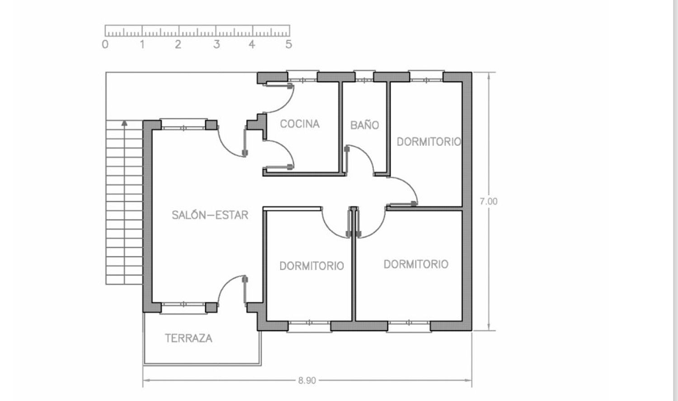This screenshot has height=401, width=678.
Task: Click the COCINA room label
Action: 300,124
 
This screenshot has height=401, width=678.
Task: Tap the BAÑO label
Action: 364,125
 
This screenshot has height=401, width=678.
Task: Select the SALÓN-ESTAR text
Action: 210,214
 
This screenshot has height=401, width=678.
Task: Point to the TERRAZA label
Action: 188,338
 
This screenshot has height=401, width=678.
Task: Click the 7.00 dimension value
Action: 489,201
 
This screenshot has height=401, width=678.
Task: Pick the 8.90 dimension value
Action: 307,380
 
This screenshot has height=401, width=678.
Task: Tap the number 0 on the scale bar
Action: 105,44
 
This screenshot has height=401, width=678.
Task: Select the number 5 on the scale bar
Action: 288,44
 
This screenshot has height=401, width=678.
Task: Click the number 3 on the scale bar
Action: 216,44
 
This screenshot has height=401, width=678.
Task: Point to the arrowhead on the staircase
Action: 124,123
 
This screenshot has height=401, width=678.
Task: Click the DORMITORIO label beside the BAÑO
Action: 429,141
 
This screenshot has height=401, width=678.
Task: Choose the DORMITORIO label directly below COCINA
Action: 311,266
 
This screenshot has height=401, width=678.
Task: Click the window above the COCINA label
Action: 302,76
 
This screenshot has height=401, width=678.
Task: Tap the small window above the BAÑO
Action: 364,76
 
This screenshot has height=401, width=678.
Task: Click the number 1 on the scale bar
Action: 142,44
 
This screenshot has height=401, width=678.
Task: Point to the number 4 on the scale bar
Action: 252,44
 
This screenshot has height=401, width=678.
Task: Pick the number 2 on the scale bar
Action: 178,44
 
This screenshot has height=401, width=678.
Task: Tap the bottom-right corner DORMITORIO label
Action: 416,264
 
